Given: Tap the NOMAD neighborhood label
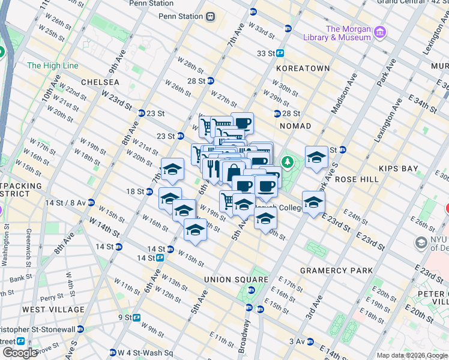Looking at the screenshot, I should point(295,126).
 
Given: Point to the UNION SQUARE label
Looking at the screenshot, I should point(236,280).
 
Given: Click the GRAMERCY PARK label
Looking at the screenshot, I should point(337,271).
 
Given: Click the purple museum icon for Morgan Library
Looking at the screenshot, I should point(379,31).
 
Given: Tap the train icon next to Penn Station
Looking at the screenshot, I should point(210,17).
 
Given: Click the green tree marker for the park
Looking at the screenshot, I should point(288,161).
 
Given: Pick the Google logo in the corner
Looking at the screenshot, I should point(20,353).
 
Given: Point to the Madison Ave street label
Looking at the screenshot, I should point(344,92).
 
